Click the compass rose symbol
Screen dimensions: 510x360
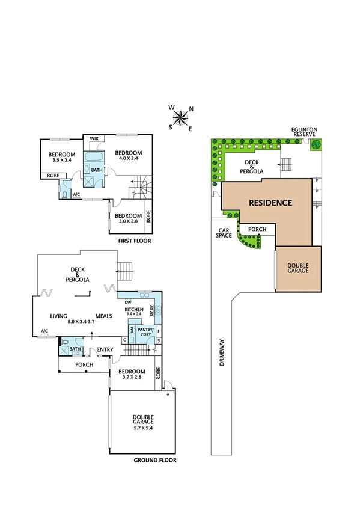click(x=180, y=117)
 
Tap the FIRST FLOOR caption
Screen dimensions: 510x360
click(x=135, y=241)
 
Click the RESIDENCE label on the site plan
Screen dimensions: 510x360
click(x=271, y=203)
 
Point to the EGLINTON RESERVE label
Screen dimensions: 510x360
click(x=305, y=132)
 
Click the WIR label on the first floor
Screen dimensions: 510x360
click(x=94, y=139)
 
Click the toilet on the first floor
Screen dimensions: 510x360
click(x=65, y=194)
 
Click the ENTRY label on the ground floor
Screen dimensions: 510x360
click(x=105, y=349)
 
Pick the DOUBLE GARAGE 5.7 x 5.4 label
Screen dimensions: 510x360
click(x=143, y=421)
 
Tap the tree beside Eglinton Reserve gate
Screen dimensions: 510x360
click(x=316, y=144)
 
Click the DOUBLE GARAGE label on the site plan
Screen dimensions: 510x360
click(x=297, y=268)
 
